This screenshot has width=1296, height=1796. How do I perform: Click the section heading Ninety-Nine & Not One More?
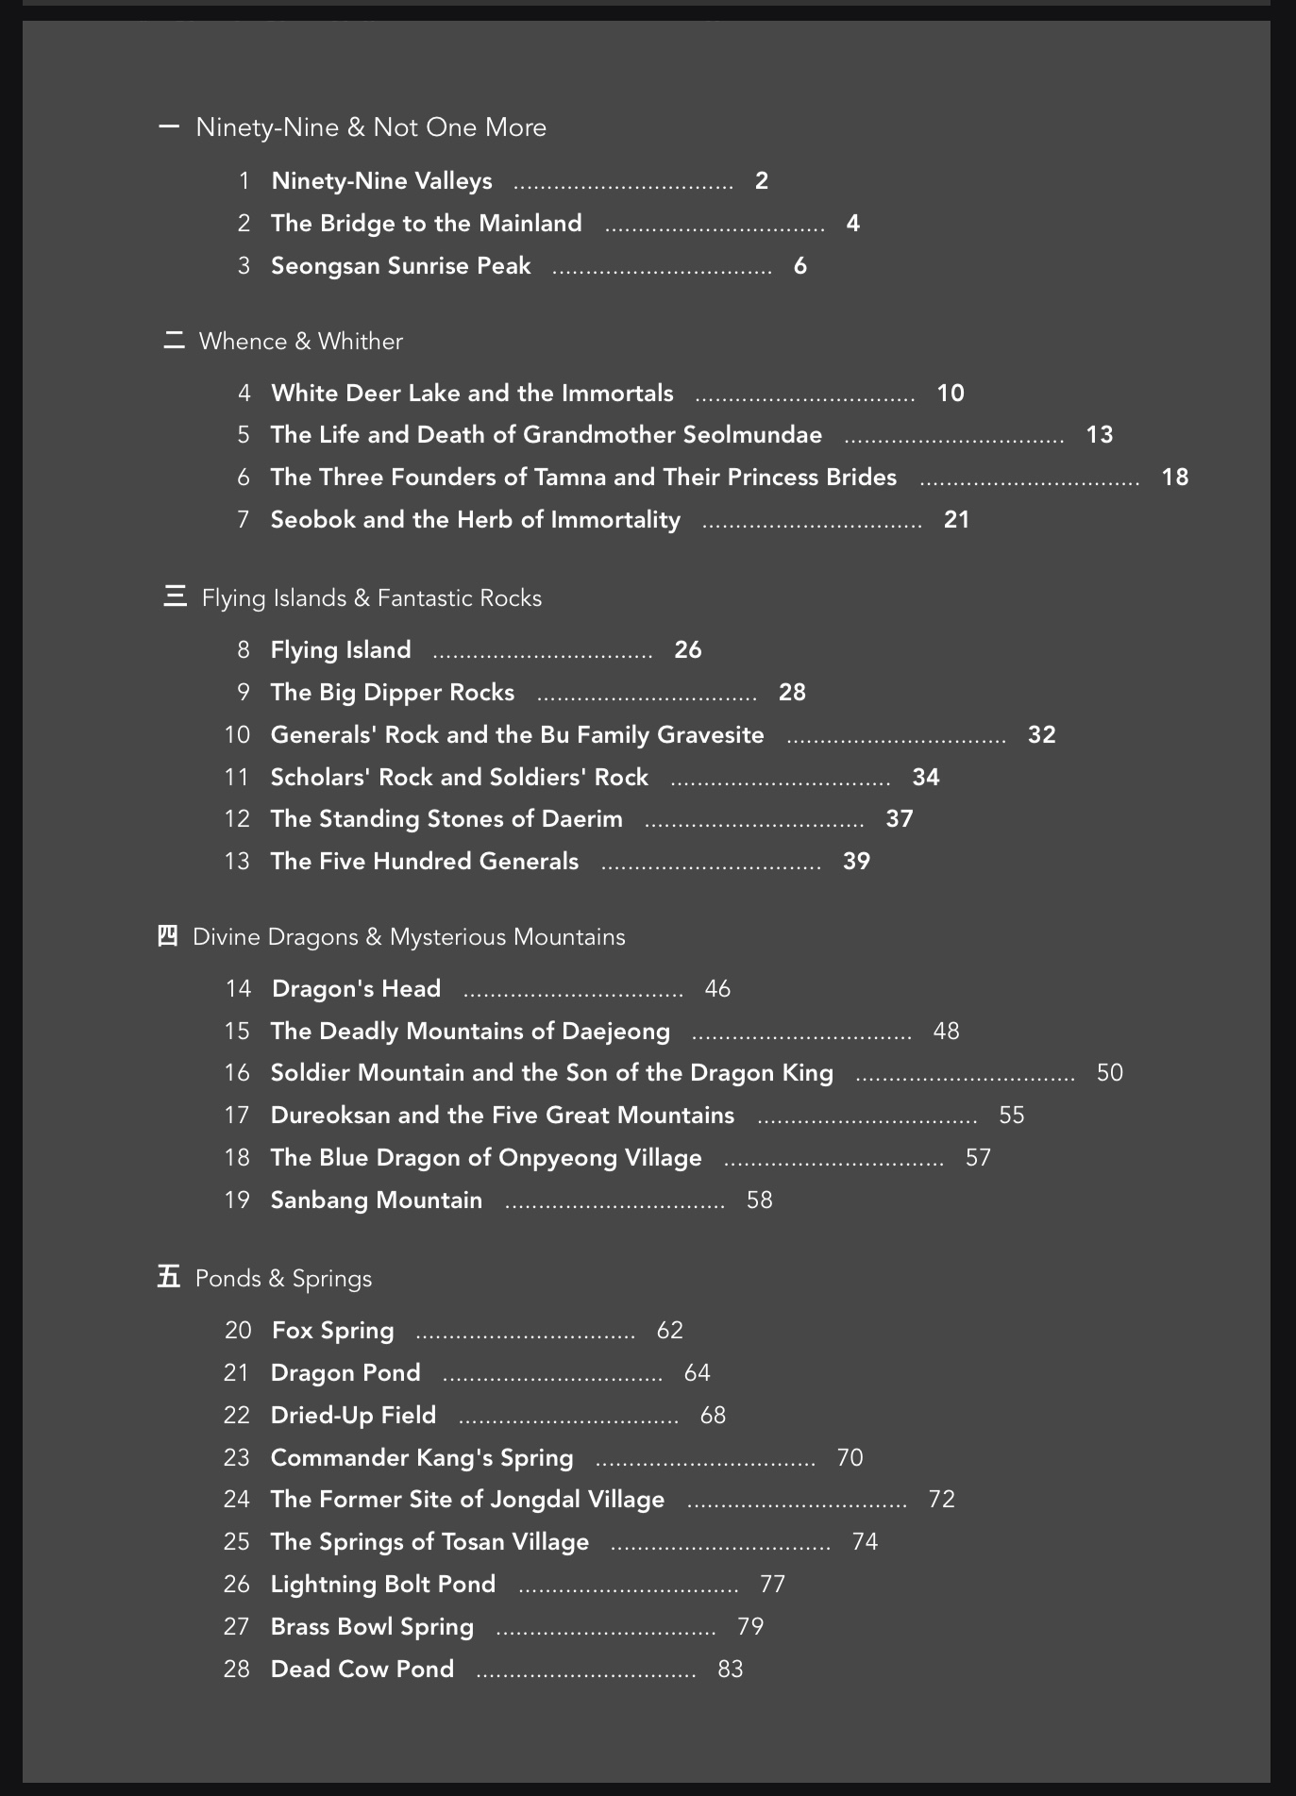coord(370,127)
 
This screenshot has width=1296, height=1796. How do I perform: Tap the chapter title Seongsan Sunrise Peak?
coord(400,266)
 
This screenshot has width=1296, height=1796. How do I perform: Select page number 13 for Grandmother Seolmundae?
coord(1100,435)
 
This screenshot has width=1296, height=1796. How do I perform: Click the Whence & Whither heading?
coord(300,342)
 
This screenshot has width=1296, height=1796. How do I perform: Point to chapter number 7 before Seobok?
coord(244,520)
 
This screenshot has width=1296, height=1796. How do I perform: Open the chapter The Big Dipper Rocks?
coord(392,693)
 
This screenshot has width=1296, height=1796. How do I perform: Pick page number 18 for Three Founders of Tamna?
coord(1174,478)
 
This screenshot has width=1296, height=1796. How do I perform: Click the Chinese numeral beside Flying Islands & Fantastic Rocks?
coord(175,597)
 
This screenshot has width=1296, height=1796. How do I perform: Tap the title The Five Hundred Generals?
coord(424,862)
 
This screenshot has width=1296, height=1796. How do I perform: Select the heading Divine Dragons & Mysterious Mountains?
coord(408,937)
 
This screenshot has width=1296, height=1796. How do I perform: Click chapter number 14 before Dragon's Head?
coord(238,989)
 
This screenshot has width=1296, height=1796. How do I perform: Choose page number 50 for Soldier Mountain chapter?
coord(1109,1073)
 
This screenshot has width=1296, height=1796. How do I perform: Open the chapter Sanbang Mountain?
coord(376,1200)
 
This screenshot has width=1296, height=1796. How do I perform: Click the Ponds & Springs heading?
coord(283,1279)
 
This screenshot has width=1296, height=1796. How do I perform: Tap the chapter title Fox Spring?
coord(332,1331)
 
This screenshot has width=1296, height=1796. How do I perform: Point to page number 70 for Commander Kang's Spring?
coord(850,1458)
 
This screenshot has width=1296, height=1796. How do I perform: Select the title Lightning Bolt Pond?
coord(382,1585)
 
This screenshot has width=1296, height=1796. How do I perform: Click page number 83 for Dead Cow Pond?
coord(730,1670)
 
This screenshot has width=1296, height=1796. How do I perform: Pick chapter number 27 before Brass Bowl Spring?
coord(236,1627)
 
